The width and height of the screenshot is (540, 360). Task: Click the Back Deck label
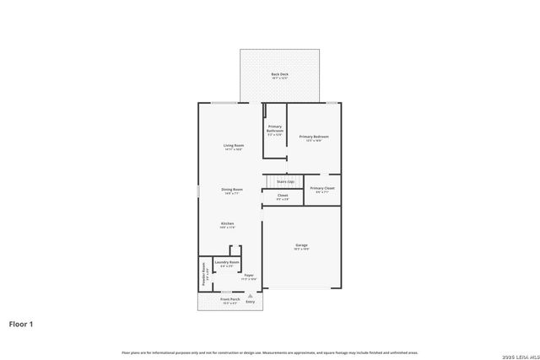279,75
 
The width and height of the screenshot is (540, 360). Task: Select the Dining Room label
232,191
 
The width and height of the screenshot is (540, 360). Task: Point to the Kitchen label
228,225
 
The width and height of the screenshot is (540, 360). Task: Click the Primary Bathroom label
275,130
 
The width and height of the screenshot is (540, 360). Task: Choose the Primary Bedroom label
313,138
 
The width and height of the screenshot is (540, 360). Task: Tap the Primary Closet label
321,190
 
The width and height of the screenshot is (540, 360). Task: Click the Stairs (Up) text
285,181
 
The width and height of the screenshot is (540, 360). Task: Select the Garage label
301,247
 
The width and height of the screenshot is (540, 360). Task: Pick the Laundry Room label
227,264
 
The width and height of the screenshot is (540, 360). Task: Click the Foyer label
249,276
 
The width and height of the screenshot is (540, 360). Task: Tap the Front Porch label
230,300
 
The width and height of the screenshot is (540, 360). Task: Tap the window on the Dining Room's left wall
198,191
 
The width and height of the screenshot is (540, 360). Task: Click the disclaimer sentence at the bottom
270,352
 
